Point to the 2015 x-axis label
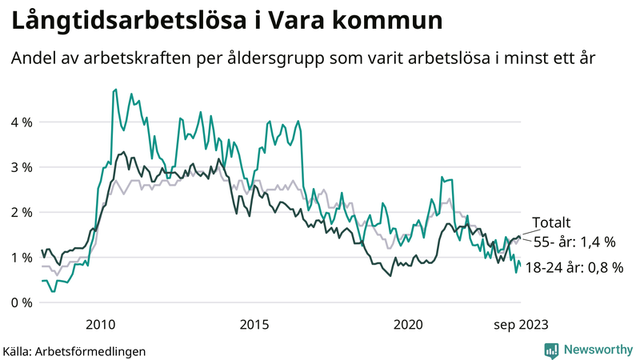point(254,324)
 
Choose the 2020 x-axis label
point(409,324)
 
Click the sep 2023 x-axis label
point(521,324)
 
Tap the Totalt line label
point(552,224)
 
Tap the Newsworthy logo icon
point(551,350)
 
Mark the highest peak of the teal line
point(116,90)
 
